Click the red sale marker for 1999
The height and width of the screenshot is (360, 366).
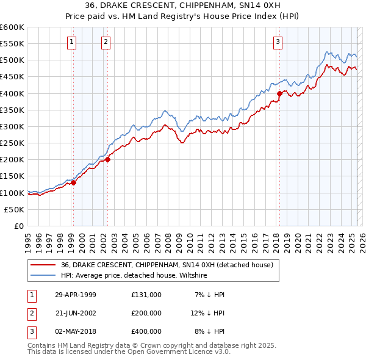point(73,182)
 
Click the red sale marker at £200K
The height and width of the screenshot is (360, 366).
point(107,160)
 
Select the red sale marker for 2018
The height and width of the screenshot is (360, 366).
point(279,93)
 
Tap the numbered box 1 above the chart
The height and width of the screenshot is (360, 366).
point(72,42)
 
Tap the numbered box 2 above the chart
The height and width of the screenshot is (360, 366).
point(106,42)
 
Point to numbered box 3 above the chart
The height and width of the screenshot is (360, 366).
point(278,42)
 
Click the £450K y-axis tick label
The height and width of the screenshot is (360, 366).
point(12,77)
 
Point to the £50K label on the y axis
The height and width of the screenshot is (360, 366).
point(15,209)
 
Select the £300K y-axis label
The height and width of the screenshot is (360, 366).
point(12,126)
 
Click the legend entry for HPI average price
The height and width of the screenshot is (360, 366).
point(134,276)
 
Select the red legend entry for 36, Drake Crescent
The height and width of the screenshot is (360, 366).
point(170,265)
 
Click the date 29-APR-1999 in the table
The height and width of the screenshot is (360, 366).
point(76,295)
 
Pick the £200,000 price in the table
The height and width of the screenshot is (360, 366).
point(146,313)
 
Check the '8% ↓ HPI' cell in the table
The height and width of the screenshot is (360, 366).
point(209,331)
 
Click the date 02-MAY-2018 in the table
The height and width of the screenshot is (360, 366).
point(76,331)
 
